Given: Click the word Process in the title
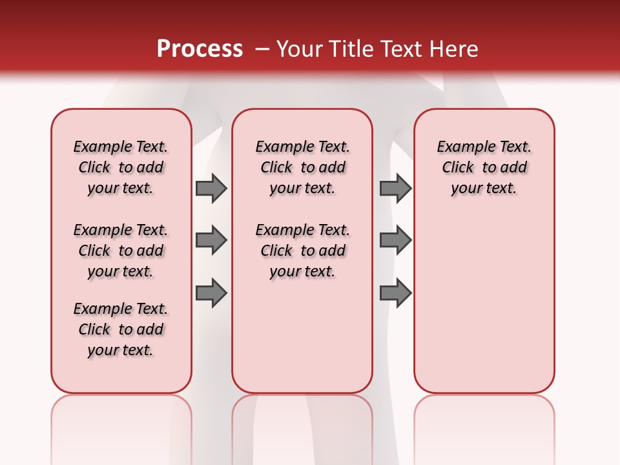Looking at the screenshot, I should click(200, 49).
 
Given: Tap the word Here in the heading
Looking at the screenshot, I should click(455, 49).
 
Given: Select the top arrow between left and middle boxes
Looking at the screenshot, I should click(211, 189).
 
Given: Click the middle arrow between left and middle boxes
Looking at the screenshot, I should click(211, 240).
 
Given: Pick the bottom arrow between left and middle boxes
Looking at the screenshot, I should click(211, 293).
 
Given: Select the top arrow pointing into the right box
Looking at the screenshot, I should click(395, 189).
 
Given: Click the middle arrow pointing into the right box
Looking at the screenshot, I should click(395, 240).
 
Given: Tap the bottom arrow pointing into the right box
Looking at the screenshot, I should click(395, 293).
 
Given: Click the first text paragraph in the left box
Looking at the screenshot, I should click(121, 167).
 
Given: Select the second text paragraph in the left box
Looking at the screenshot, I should click(121, 251).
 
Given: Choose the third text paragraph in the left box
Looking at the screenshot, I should click(121, 329).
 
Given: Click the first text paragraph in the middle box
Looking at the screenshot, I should click(302, 167).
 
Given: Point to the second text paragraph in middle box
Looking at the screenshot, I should click(302, 251).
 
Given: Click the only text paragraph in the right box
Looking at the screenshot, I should click(484, 167).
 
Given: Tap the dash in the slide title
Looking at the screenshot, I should click(262, 50).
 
